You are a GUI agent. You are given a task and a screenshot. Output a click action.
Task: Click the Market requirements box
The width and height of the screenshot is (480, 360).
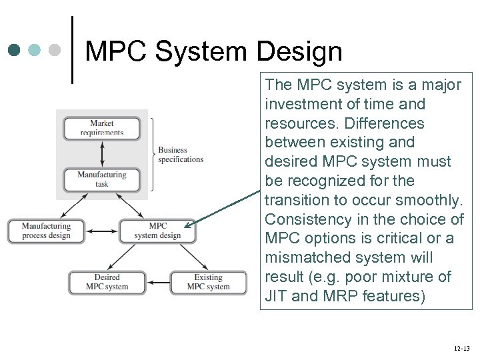tap(102, 127)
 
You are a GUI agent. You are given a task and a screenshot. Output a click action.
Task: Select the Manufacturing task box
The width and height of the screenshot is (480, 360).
tap(102, 179)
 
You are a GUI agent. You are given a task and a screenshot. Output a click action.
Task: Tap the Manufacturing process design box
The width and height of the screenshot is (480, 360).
tap(46, 231)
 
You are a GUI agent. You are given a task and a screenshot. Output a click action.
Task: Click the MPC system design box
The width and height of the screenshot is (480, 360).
tap(157, 231)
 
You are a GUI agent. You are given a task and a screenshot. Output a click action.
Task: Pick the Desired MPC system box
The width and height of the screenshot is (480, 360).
tap(107, 282)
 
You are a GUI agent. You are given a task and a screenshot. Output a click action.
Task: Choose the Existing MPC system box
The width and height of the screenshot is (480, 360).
tap(208, 282)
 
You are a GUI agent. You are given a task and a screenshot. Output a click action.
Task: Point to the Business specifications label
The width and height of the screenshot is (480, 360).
tap(181, 155)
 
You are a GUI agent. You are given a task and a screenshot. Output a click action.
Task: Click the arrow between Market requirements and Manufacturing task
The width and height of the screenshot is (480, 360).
tap(102, 153)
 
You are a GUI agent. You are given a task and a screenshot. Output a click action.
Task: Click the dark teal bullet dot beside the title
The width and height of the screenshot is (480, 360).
tap(15, 50)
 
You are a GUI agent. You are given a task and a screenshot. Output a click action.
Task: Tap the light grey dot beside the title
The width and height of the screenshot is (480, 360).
tap(55, 50)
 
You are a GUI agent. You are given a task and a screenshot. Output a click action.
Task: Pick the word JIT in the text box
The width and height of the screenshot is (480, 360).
tap(276, 296)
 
